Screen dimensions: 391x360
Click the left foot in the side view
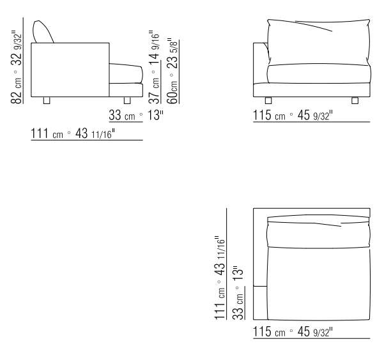tap(47, 100)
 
